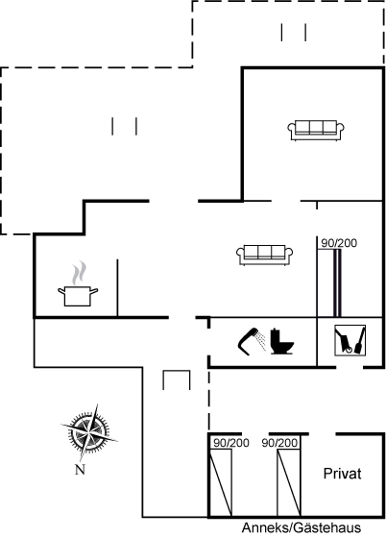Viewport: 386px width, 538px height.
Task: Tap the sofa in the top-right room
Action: point(316,131)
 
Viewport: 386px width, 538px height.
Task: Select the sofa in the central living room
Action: point(264,255)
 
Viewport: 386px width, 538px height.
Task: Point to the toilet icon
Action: point(281,341)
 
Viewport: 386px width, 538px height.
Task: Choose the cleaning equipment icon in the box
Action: point(350,340)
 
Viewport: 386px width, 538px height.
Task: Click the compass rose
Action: point(89,432)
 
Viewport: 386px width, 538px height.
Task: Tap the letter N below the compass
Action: point(80,470)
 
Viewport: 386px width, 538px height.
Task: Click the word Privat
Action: point(342,474)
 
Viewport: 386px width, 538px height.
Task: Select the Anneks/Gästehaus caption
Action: point(302,527)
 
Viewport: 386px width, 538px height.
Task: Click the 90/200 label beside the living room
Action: point(339,243)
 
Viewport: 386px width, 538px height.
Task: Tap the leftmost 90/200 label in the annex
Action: point(231,443)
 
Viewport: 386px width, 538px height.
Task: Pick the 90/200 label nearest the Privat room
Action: point(279,443)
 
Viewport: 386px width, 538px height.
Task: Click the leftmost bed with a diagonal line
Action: point(221,482)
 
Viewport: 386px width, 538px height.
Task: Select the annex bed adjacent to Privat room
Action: point(289,482)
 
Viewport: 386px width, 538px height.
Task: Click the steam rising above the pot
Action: point(79,273)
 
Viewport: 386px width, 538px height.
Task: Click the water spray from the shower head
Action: point(261,341)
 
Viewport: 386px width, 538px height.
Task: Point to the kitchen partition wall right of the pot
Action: point(117,287)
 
